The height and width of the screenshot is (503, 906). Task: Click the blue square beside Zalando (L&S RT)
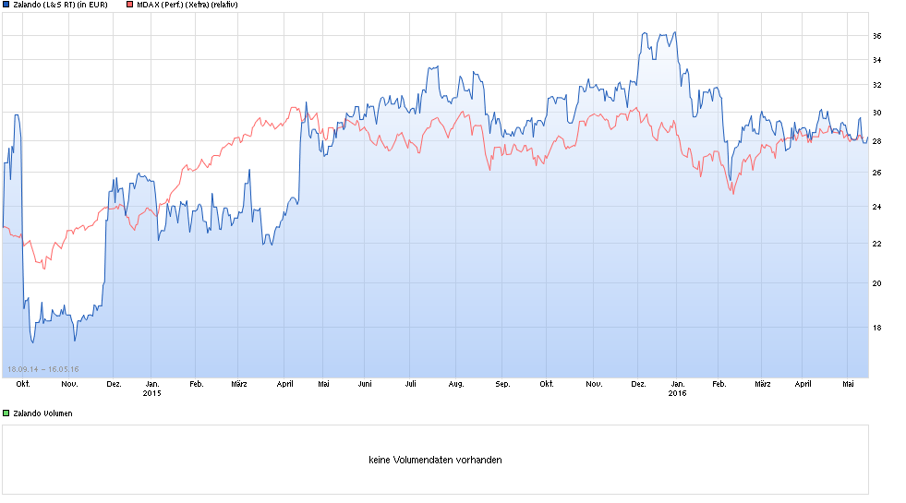pyautogui.click(x=6, y=5)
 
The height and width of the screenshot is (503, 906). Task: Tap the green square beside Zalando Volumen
pyautogui.click(x=6, y=413)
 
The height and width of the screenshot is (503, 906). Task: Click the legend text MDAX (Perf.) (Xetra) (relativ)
pyautogui.click(x=187, y=5)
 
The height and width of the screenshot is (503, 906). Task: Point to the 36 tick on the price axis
pyautogui.click(x=876, y=36)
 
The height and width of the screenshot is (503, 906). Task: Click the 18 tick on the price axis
pyautogui.click(x=876, y=328)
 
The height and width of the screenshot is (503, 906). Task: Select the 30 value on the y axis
pyautogui.click(x=876, y=114)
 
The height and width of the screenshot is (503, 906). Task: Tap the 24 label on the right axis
pyautogui.click(x=876, y=207)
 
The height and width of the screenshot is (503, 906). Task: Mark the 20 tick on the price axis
pyautogui.click(x=876, y=283)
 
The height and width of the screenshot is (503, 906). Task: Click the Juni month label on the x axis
pyautogui.click(x=364, y=383)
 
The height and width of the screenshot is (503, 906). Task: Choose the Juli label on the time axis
pyautogui.click(x=410, y=383)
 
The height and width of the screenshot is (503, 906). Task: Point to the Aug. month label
pyautogui.click(x=455, y=383)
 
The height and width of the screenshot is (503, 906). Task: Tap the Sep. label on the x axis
pyautogui.click(x=502, y=383)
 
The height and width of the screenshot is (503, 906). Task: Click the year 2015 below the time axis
pyautogui.click(x=152, y=393)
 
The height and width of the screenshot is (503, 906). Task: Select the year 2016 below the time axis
pyautogui.click(x=677, y=393)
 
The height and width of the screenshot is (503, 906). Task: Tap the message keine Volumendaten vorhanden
pyautogui.click(x=435, y=460)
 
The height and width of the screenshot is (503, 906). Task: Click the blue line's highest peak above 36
pyautogui.click(x=644, y=33)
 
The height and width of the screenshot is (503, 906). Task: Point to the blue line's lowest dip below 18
pyautogui.click(x=33, y=342)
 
